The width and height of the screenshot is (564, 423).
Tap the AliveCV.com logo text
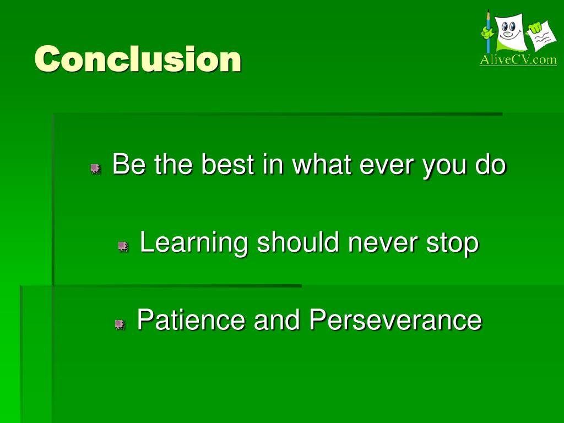pyautogui.click(x=518, y=59)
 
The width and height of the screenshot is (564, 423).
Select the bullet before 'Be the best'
pyautogui.click(x=95, y=169)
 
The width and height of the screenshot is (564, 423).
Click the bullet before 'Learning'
pyautogui.click(x=123, y=246)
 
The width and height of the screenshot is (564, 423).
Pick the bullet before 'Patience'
pyautogui.click(x=120, y=324)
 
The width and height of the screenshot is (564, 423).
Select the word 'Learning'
pyautogui.click(x=194, y=243)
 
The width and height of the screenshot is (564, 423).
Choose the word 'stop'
pyautogui.click(x=453, y=244)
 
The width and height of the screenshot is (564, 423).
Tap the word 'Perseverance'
pyautogui.click(x=395, y=319)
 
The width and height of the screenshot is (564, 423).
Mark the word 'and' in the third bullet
pyautogui.click(x=277, y=319)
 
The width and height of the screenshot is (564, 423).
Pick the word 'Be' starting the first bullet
pyautogui.click(x=129, y=164)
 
